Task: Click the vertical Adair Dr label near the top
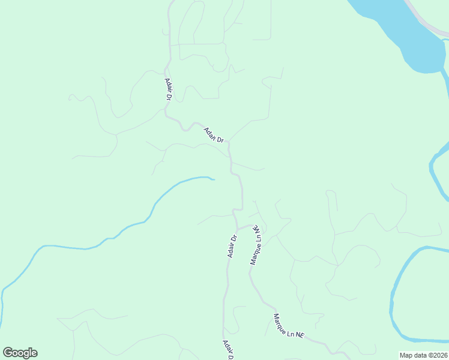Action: coord(168,89)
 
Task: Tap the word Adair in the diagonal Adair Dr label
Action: coord(209,133)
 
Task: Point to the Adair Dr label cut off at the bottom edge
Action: coord(228,350)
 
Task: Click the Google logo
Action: coord(20,353)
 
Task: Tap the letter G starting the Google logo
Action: coord(7,352)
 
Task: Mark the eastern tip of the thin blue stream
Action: coord(213,178)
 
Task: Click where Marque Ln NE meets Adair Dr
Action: coord(237,229)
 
